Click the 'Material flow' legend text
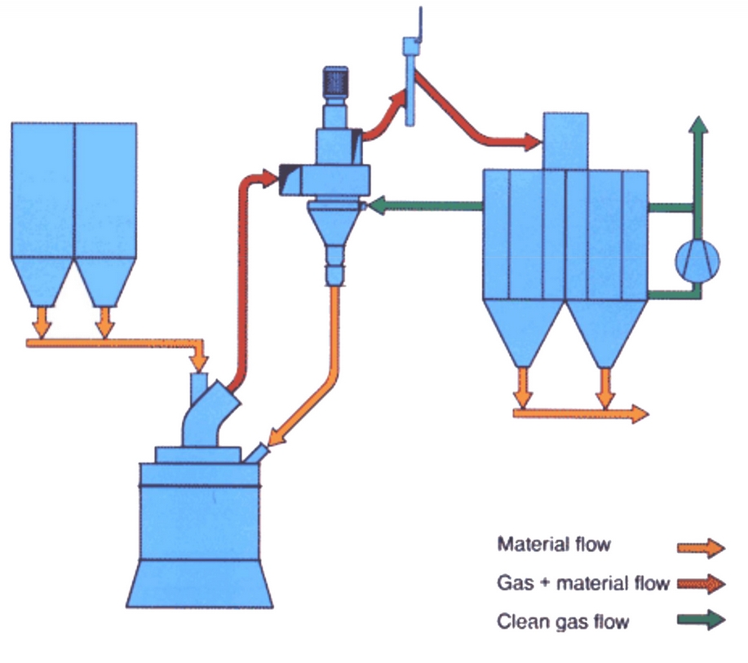click(553, 544)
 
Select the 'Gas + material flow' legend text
click(583, 583)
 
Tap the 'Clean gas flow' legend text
click(563, 622)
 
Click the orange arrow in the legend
click(703, 547)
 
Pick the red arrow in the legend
click(703, 584)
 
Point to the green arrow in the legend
click(703, 621)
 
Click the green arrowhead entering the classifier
click(378, 206)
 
